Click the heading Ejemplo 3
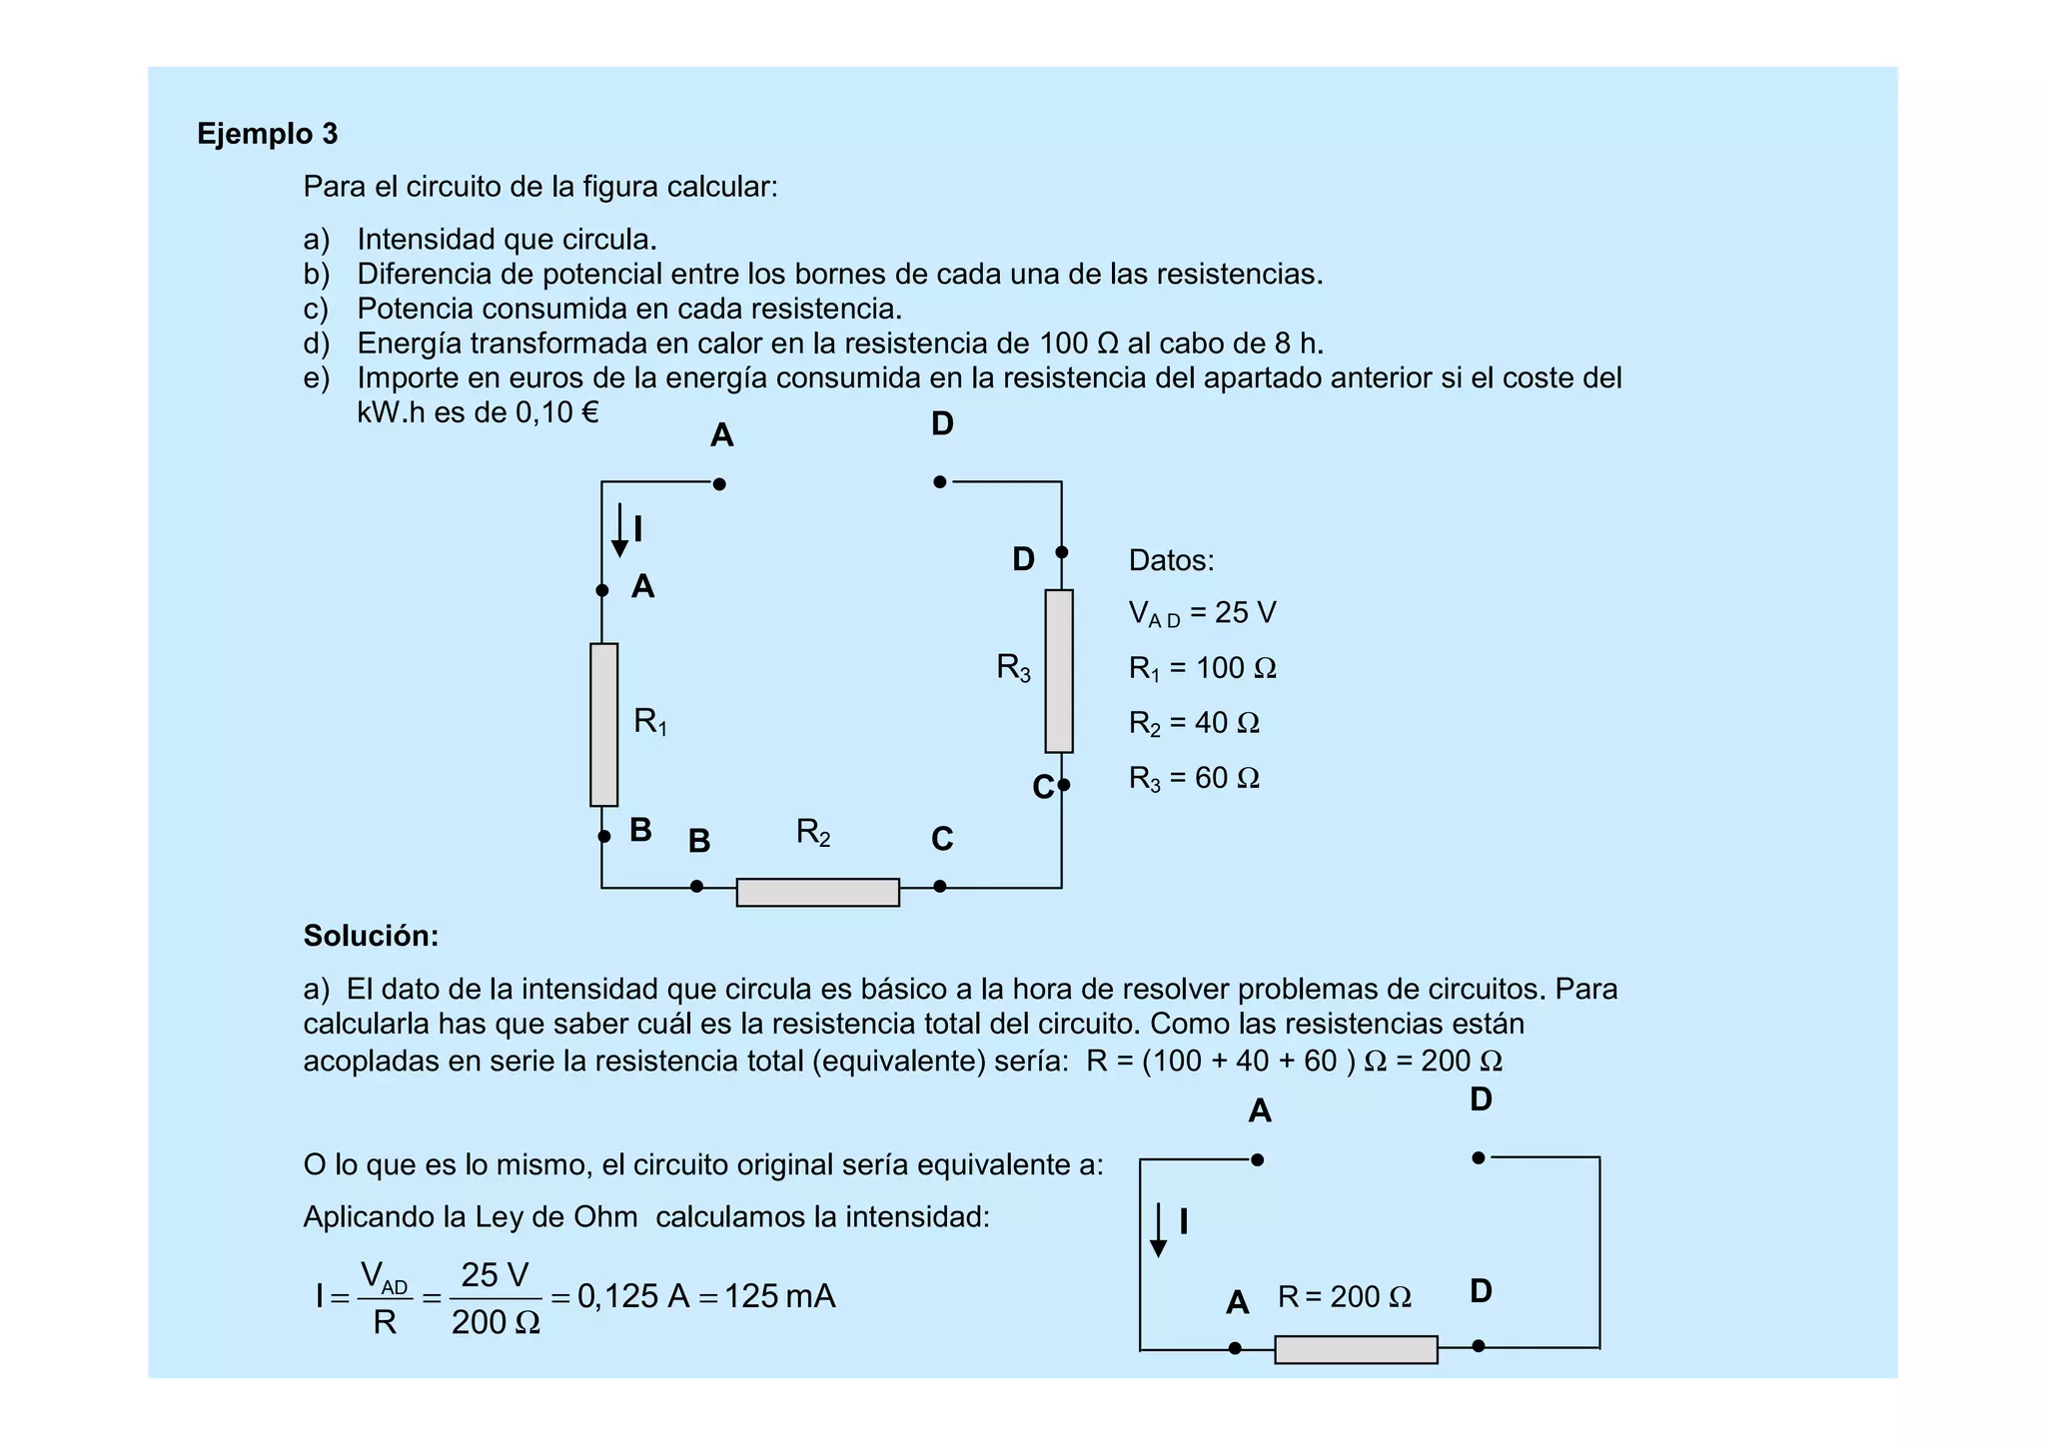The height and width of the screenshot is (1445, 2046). click(267, 134)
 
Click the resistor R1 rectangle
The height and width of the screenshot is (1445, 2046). click(603, 724)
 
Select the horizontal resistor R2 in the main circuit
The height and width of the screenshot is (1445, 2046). click(817, 892)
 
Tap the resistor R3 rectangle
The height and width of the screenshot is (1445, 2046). click(1059, 670)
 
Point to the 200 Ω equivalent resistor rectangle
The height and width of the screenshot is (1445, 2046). click(1356, 1349)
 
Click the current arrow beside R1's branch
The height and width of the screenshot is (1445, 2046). click(619, 530)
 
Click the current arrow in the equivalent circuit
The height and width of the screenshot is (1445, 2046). click(1158, 1229)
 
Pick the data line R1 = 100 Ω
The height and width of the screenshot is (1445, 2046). click(1202, 668)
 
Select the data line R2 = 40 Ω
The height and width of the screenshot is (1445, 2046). click(1194, 723)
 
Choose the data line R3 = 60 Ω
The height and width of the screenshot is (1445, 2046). click(1194, 778)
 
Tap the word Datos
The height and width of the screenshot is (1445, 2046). click(1171, 560)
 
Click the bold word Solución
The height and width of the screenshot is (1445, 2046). click(371, 936)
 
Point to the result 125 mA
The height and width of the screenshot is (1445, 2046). click(779, 1296)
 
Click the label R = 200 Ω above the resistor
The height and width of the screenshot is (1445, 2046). click(1344, 1297)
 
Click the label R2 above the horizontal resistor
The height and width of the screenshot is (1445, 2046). click(813, 832)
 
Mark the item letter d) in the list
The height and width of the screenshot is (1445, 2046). click(316, 344)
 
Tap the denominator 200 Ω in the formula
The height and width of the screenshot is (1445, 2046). click(496, 1322)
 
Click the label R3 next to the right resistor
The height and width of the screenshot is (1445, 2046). click(1013, 667)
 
